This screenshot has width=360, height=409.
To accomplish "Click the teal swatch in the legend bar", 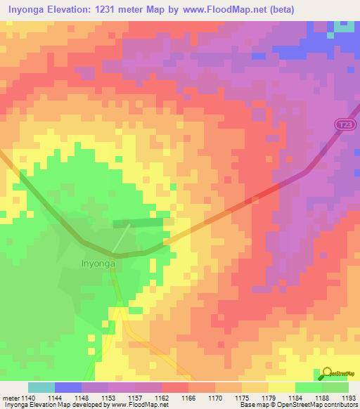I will pos(41,387).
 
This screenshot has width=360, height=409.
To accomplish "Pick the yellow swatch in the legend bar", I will pos(281,387).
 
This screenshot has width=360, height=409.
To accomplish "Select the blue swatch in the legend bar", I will pos(67,387).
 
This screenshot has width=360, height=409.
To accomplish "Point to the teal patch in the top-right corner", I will pos(345,26).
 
